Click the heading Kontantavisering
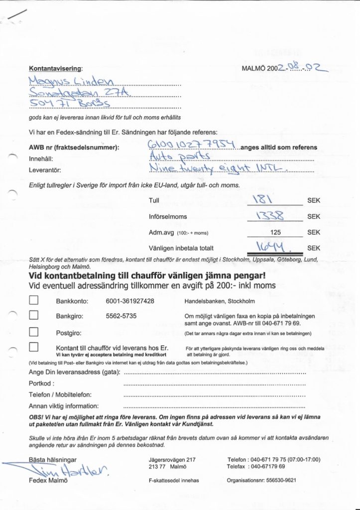point(55,68)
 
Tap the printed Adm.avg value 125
point(275,233)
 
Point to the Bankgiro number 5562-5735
point(121,316)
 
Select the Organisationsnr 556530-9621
point(283,481)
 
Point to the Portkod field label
point(41,384)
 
